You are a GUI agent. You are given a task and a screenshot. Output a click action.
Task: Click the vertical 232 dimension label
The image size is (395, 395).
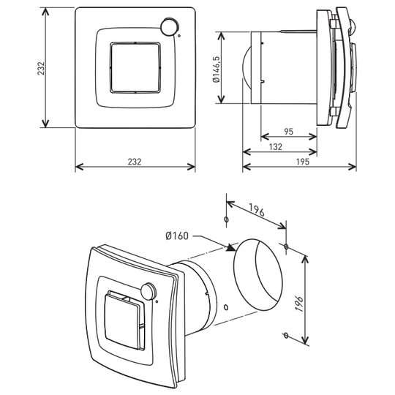pos(41,68)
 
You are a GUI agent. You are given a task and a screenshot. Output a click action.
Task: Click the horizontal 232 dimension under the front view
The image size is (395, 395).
pos(135,162)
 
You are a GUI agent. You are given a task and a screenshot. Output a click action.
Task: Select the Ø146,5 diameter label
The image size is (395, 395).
pos(217,69)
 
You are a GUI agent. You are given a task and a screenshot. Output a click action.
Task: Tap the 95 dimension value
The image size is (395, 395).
pos(289,132)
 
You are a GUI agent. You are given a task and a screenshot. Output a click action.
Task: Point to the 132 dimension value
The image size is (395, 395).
pos(275,146)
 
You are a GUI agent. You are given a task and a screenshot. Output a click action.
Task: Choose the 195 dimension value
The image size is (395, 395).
pos(302,162)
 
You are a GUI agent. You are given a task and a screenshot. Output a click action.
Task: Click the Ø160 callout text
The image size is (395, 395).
pos(177,236)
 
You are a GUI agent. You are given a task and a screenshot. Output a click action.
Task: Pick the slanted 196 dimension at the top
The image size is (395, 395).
pos(257,210)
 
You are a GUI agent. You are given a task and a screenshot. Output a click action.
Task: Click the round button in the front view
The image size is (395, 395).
pos(169,26)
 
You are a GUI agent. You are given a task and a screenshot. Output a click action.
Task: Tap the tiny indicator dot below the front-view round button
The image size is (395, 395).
pos(179,36)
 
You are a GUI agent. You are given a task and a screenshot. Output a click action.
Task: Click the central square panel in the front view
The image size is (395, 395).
pos(135,67)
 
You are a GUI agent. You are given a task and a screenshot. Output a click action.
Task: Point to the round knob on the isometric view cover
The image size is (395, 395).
pos(148,290)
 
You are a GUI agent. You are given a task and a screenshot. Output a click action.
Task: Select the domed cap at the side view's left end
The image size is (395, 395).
pos(247,68)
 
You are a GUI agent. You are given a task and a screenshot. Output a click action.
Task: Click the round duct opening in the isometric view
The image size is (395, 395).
pos(257,274)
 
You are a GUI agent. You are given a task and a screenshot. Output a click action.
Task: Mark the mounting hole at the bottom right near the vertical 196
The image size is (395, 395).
pos(286,335)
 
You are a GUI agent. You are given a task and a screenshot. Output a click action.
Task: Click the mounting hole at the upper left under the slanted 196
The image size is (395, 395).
pos(226,219)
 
